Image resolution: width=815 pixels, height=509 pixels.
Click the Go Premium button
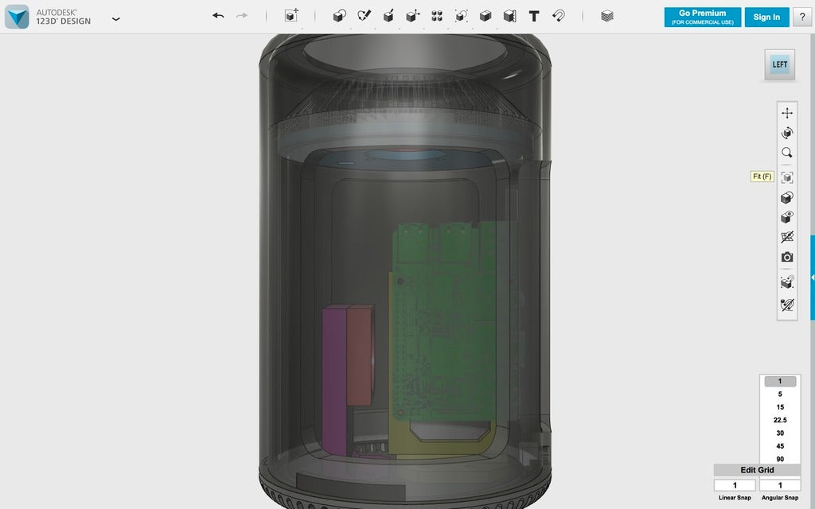point(702,17)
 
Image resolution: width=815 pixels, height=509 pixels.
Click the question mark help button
point(802,17)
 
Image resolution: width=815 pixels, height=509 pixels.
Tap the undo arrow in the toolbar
point(218,16)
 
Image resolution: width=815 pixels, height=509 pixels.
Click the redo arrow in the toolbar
point(242,16)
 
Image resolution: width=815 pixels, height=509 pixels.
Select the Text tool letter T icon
point(534,16)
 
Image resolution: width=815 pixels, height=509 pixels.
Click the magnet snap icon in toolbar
point(559,16)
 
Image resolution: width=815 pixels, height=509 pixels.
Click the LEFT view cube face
point(780,64)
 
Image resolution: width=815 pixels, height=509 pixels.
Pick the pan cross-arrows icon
point(787,113)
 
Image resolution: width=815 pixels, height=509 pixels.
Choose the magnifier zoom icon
point(787,153)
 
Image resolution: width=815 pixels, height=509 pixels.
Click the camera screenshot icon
point(787,257)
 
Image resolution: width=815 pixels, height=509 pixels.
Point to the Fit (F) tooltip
point(762,177)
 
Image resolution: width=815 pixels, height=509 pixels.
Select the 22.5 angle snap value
point(780,420)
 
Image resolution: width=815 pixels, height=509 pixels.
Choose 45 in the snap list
point(780,446)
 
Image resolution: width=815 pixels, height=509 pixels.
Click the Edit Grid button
point(757,470)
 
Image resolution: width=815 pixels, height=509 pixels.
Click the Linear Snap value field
point(734,485)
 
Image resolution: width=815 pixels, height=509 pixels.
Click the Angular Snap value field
point(779,485)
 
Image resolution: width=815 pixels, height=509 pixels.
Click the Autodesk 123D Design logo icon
point(17,17)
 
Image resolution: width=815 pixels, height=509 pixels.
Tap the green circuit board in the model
point(446,334)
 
